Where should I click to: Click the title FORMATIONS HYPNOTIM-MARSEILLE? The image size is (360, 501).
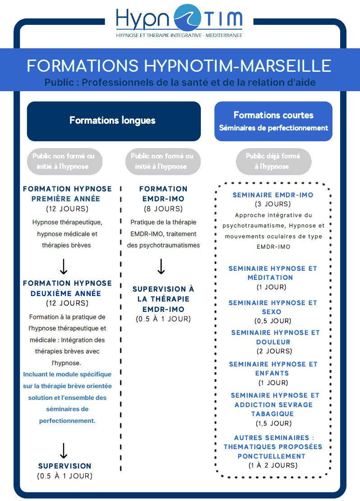point(179,65)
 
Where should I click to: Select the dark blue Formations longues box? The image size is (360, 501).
point(113,121)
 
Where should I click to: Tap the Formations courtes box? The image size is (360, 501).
point(273,121)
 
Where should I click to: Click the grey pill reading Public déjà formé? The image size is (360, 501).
point(273,161)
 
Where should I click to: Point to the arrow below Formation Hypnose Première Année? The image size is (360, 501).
point(64,266)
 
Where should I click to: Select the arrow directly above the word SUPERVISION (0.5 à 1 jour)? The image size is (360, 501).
point(64,450)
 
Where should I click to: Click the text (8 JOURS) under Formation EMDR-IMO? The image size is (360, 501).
point(163,209)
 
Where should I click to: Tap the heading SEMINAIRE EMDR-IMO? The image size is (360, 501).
point(272,195)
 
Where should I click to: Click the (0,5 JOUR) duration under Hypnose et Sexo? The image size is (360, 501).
point(273,321)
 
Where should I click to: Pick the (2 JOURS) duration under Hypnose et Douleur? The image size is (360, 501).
point(273,351)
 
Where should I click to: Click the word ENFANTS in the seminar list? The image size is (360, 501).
point(273,373)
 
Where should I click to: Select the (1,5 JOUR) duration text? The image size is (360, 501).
point(273,423)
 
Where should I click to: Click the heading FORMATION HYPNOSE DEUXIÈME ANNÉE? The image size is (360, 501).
point(67,288)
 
